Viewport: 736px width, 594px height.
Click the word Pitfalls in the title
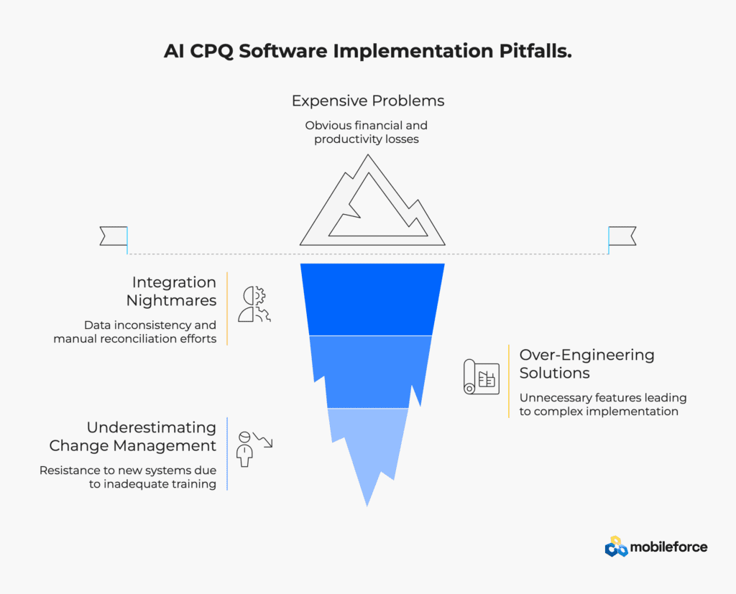pos(535,51)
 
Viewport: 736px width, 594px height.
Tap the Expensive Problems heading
pos(368,101)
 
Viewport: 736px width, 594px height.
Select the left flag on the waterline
pos(114,236)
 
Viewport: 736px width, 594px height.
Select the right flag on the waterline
pos(622,236)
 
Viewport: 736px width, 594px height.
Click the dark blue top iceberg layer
pos(372,300)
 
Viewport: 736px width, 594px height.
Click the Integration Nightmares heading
pos(171,291)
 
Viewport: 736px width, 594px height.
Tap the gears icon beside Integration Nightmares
pos(254,304)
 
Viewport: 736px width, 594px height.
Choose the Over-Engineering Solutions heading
pos(586,363)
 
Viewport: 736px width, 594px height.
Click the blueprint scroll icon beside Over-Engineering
pos(481,377)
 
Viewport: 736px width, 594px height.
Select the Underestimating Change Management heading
pos(133,437)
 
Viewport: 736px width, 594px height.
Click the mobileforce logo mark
pos(616,547)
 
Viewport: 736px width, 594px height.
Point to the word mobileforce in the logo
pos(668,547)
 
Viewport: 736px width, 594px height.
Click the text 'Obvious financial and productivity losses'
pos(367,132)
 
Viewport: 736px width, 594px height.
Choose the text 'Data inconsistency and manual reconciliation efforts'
pos(135,332)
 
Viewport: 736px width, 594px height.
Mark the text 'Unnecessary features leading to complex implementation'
pos(603,404)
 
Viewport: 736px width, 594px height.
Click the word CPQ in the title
pos(211,51)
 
